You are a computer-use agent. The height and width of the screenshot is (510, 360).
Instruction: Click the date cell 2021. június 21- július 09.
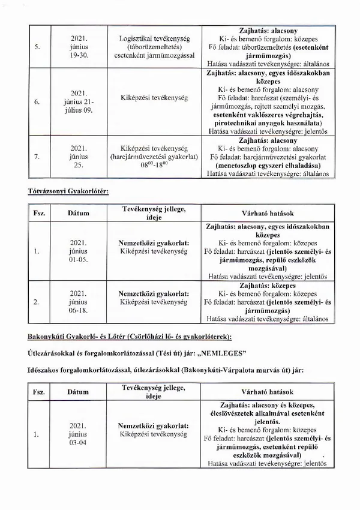79,102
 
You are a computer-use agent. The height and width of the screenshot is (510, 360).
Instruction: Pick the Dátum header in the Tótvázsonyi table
79,213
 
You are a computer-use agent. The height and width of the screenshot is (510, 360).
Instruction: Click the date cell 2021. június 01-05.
79,251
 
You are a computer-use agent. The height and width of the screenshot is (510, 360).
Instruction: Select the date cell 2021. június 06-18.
79,302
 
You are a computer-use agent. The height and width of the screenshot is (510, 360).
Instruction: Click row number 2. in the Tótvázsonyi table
38,302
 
